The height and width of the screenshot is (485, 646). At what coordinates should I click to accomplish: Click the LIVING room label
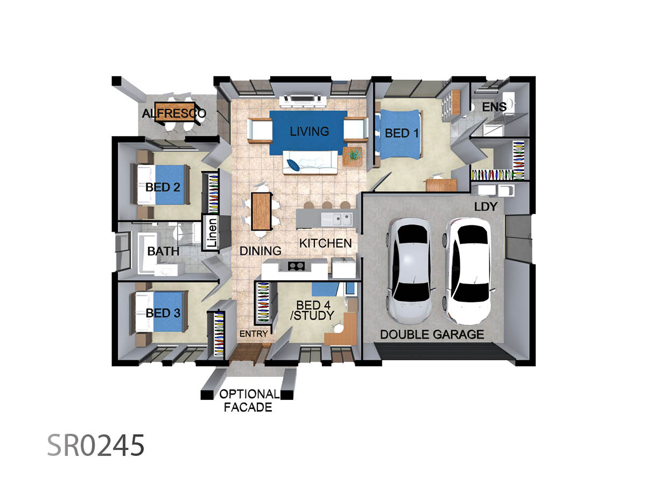pyautogui.click(x=309, y=131)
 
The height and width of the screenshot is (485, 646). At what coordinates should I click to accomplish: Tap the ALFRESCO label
pyautogui.click(x=174, y=113)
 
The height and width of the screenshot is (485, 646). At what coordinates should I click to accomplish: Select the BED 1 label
pyautogui.click(x=402, y=134)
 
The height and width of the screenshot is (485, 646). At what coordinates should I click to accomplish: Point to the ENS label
pyautogui.click(x=494, y=107)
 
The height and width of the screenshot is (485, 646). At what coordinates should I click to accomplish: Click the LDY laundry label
pyautogui.click(x=486, y=206)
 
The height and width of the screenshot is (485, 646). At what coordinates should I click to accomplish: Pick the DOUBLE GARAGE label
pyautogui.click(x=432, y=334)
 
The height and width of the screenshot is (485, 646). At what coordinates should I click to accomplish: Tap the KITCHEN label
pyautogui.click(x=326, y=243)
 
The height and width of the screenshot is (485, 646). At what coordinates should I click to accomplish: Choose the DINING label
pyautogui.click(x=260, y=251)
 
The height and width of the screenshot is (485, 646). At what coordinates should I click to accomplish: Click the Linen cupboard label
pyautogui.click(x=212, y=233)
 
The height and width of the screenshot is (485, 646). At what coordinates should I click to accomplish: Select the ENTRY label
pyautogui.click(x=254, y=334)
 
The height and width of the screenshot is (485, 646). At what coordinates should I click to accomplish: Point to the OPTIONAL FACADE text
pyautogui.click(x=249, y=400)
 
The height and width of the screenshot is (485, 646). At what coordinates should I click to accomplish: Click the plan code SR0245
pyautogui.click(x=96, y=446)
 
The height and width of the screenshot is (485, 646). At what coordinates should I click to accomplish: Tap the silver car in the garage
pyautogui.click(x=410, y=271)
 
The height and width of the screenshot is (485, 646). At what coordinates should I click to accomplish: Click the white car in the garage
pyautogui.click(x=468, y=271)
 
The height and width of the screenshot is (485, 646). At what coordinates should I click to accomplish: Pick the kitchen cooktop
pyautogui.click(x=296, y=266)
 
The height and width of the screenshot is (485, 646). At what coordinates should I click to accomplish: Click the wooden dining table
pyautogui.click(x=261, y=211)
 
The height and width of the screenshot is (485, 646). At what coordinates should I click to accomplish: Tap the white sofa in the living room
pyautogui.click(x=310, y=163)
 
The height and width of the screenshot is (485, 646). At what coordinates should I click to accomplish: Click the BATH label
pyautogui.click(x=163, y=251)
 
